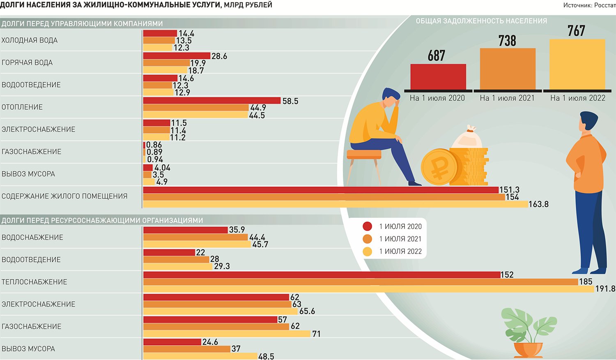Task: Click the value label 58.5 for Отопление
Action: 290,101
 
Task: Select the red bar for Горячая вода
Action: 177,55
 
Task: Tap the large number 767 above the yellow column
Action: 576,31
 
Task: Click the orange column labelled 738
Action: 508,69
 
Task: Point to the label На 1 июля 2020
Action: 437,98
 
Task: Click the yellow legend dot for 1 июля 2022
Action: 368,251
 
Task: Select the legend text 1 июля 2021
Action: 400,239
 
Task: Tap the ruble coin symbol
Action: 439,167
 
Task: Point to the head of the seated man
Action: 390,98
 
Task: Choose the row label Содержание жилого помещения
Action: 64,196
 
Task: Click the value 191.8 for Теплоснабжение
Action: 605,288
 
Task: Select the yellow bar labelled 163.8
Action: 336,204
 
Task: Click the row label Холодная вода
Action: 30,40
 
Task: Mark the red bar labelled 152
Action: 322,275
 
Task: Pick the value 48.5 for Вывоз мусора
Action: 266,357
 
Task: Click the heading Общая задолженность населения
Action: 481,21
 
